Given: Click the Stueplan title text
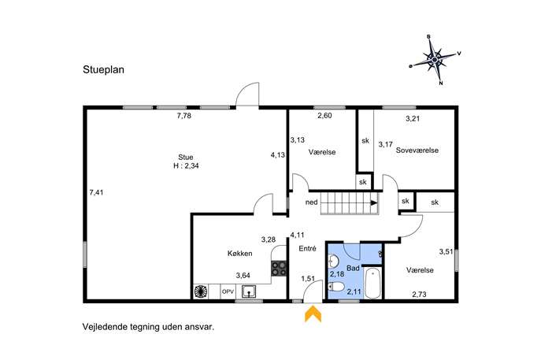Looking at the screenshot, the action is tap(103, 70).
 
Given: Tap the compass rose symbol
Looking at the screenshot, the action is tap(435, 60).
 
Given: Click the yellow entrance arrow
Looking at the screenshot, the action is tap(313, 314).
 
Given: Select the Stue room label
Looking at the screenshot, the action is tap(186, 158).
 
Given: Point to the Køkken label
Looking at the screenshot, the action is tap(240, 254).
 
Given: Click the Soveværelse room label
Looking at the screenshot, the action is tap(417, 150).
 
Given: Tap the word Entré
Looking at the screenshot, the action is tap(307, 248).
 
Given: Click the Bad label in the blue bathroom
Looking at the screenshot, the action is tap(353, 268).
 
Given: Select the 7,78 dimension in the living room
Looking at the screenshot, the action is tap(184, 116).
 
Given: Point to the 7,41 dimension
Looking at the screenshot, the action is tap(96, 192).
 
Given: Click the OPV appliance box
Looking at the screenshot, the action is tap(228, 291).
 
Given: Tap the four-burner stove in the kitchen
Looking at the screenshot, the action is tap(279, 269).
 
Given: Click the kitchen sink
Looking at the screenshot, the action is tap(249, 291).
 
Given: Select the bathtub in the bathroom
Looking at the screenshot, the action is tap(372, 283).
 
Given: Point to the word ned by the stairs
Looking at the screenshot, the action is tap(312, 202).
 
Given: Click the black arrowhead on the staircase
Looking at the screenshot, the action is tap(374, 203).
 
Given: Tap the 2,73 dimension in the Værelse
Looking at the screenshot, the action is tap(419, 295).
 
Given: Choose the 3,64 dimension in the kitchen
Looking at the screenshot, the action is tap(243, 276).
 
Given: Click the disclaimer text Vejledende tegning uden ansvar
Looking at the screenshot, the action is tap(148, 327).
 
